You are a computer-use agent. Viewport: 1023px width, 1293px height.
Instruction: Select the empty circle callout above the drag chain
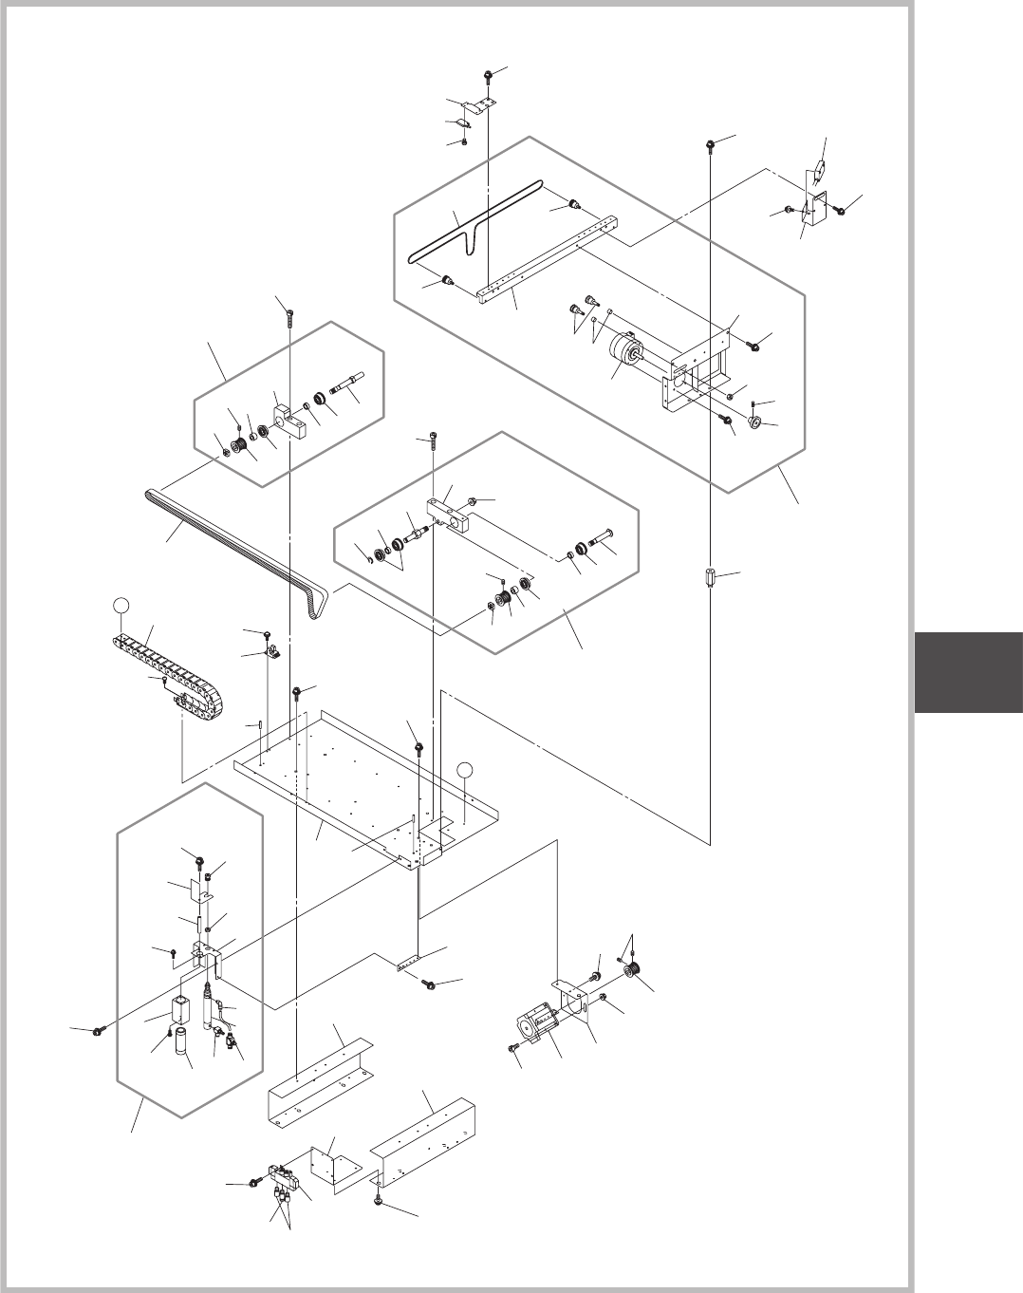coord(120,604)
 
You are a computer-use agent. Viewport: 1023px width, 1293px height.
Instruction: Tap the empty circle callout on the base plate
coord(463,769)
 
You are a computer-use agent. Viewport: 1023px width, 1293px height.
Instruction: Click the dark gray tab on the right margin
coord(968,673)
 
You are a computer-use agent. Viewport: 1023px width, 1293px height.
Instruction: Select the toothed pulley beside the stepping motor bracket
coord(635,970)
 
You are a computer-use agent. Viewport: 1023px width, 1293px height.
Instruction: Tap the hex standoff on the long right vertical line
coord(711,578)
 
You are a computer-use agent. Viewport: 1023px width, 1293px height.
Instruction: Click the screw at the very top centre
coord(487,74)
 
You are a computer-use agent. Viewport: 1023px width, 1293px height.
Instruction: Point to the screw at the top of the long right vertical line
coord(710,144)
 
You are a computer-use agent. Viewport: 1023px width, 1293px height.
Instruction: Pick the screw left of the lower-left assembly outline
coord(100,1030)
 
